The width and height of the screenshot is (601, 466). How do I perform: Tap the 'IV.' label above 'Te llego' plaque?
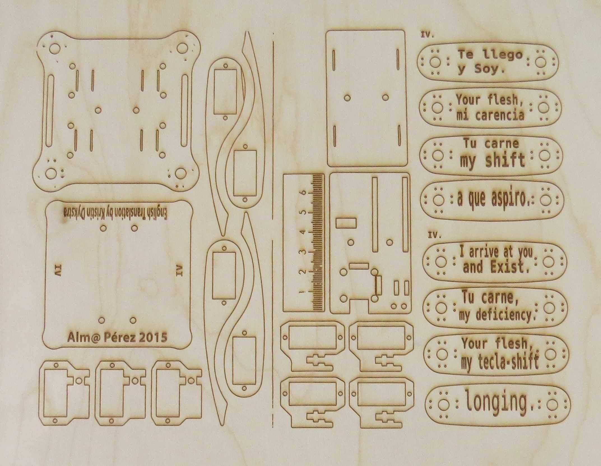pos(427,36)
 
